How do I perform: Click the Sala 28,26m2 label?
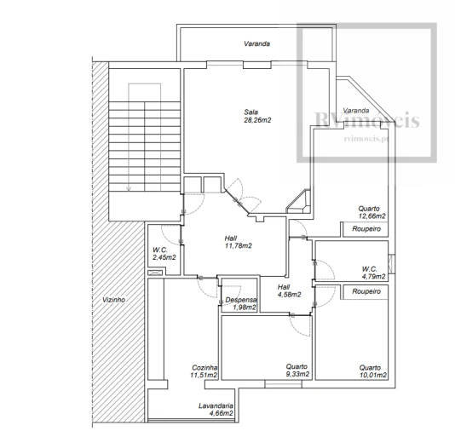[257, 116]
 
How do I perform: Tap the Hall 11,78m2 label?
[238, 242]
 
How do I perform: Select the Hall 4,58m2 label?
[290, 291]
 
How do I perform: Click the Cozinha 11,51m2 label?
[204, 371]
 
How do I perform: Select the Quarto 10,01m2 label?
[372, 371]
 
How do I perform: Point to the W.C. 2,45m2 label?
[164, 253]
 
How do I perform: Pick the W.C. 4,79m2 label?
[373, 272]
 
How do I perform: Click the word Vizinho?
[112, 301]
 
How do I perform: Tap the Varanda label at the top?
[257, 42]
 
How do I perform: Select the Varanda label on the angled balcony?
[355, 111]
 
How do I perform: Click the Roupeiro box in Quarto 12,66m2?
[364, 228]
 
